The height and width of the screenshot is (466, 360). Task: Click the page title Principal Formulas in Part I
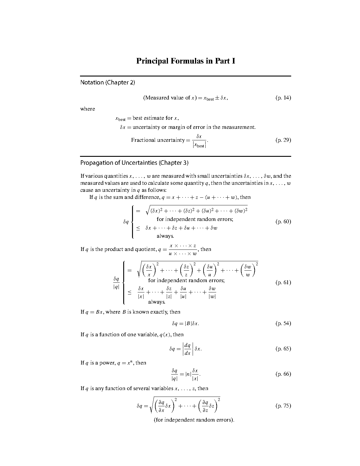click(x=186, y=61)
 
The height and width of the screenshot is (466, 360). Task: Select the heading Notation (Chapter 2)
click(x=108, y=82)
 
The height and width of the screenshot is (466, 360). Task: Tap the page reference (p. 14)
click(x=283, y=98)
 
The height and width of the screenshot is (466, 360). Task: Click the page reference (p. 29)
click(x=283, y=140)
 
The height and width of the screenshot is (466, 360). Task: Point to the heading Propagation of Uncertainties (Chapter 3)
click(x=134, y=163)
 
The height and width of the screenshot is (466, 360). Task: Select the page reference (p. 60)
click(x=283, y=222)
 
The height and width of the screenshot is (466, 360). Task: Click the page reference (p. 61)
click(x=283, y=282)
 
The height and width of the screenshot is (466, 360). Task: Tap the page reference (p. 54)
click(x=283, y=323)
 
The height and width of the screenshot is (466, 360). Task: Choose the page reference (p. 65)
click(x=283, y=349)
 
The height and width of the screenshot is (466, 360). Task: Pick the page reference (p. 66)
click(x=283, y=374)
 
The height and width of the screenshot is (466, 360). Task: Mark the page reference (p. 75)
click(x=283, y=406)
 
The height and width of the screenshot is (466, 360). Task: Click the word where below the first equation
click(x=88, y=109)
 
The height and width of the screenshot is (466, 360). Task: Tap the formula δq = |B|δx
click(x=186, y=324)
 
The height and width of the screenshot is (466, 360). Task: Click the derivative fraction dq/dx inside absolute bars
click(x=187, y=349)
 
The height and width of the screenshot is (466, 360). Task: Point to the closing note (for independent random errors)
click(x=194, y=420)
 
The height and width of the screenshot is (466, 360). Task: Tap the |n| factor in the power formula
click(x=188, y=374)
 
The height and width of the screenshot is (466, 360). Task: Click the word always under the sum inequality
click(x=165, y=236)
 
